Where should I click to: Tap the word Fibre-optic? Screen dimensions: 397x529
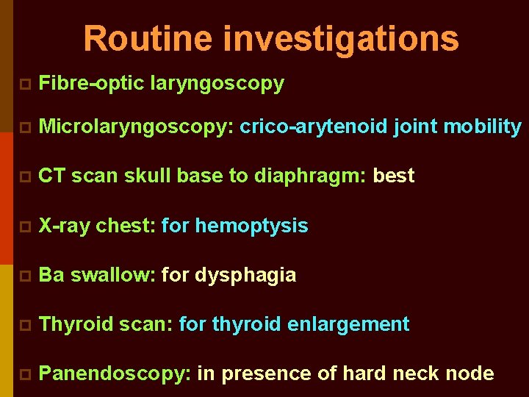91,84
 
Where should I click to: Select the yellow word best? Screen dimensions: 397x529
394,176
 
